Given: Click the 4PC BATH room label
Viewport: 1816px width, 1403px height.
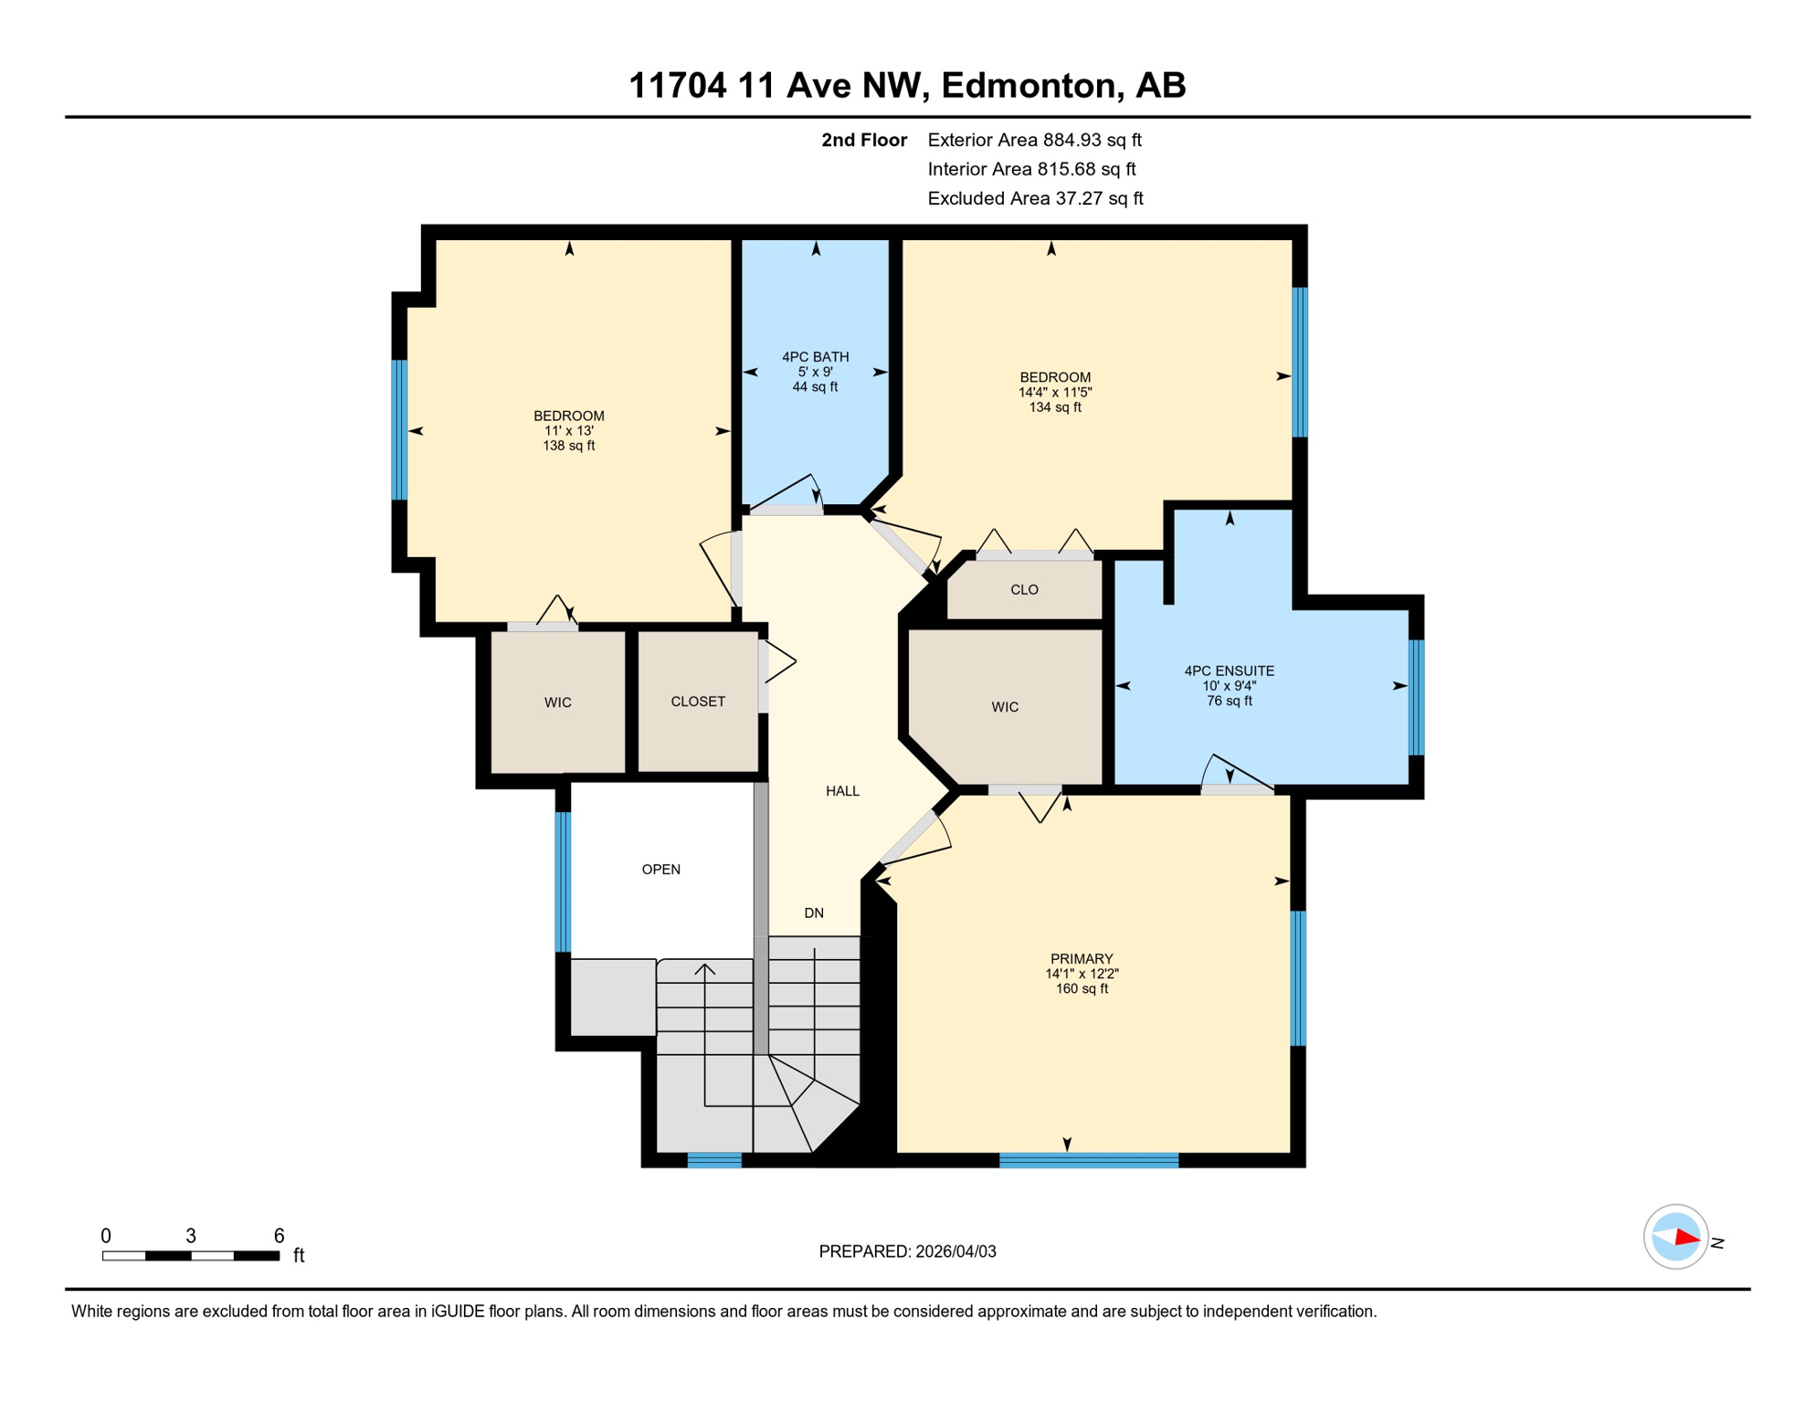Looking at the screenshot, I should (815, 357).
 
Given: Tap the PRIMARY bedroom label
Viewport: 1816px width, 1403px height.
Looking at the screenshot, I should (1082, 959).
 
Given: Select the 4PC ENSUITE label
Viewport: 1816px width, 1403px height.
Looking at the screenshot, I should (1229, 671).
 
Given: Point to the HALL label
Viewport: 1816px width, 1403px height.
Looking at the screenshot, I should (842, 791).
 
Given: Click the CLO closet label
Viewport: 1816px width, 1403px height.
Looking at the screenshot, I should (1024, 590).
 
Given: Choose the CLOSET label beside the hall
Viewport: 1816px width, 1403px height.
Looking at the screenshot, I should (698, 701).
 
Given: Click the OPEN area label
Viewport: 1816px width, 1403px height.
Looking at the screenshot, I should (660, 870).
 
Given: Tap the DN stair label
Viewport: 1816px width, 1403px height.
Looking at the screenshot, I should (814, 913).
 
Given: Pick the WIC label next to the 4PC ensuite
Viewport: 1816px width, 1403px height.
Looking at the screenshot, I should (1005, 707).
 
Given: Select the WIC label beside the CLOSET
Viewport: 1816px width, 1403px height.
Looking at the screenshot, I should (557, 702).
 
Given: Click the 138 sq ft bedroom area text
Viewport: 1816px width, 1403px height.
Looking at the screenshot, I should (568, 447).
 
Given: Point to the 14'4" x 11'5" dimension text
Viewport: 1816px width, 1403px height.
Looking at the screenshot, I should (1055, 393).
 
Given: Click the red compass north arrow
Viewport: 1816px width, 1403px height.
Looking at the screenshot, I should (1686, 1239).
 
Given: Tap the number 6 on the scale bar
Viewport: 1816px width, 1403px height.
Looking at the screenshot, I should (280, 1236).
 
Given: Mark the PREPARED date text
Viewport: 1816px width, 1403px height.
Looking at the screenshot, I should (907, 1251).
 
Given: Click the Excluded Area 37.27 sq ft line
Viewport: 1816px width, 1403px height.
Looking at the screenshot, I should (1035, 199).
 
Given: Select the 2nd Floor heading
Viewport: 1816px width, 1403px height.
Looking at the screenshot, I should (863, 141).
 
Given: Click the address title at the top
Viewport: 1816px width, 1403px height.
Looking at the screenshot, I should (907, 86).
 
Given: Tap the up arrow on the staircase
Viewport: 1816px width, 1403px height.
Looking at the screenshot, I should (704, 969).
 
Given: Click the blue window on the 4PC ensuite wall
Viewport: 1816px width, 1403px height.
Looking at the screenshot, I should (1416, 698).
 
